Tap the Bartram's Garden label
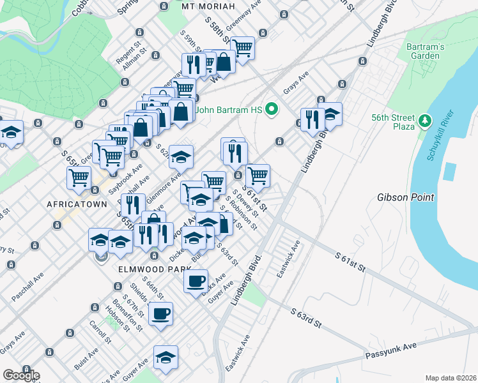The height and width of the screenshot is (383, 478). coord(423,51)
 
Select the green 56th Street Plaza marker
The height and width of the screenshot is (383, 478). coord(424,121)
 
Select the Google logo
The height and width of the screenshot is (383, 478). coord(20,375)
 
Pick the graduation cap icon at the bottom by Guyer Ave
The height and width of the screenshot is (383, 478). coord(166,357)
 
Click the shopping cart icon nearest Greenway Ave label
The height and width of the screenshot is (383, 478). coord(242,47)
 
